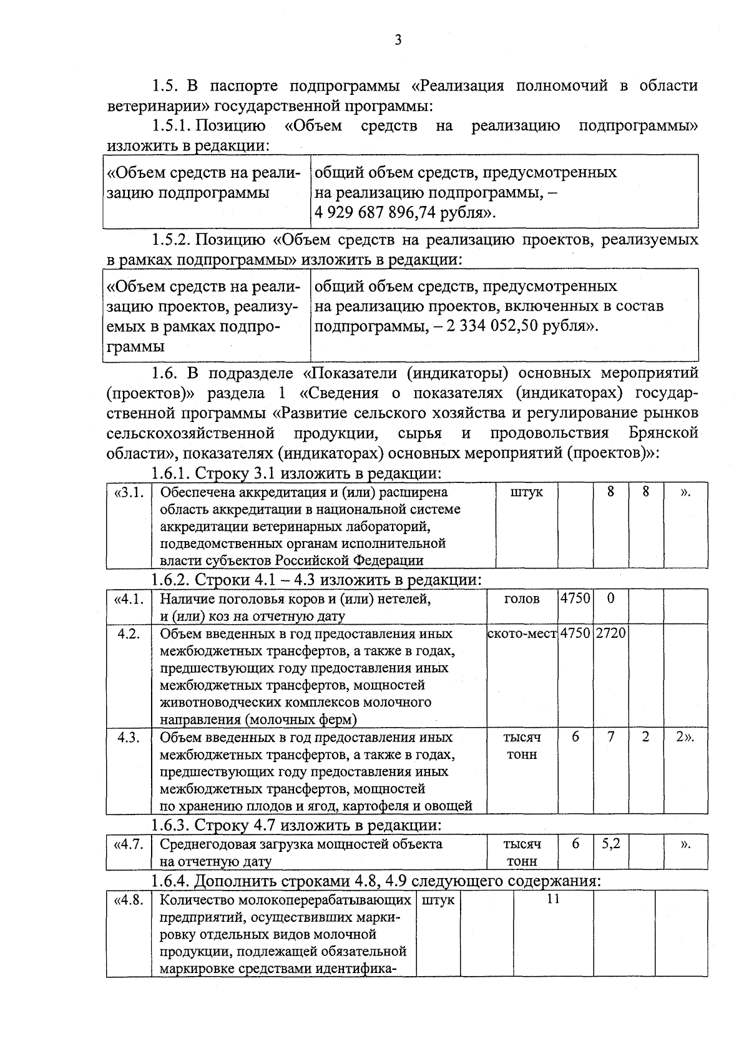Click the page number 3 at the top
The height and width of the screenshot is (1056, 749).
pyautogui.click(x=398, y=41)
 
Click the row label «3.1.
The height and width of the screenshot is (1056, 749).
pyautogui.click(x=129, y=492)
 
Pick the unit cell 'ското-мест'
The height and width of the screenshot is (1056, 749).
pyautogui.click(x=522, y=633)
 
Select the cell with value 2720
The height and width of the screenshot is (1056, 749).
pyautogui.click(x=610, y=633)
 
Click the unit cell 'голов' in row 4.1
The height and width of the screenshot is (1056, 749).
pyautogui.click(x=522, y=599)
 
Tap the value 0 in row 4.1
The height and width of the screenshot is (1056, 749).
pyautogui.click(x=610, y=598)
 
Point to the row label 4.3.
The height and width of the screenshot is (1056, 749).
pyautogui.click(x=129, y=737)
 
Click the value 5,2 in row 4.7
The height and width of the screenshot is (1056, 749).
pyautogui.click(x=610, y=844)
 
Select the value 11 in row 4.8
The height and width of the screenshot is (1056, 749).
pyautogui.click(x=552, y=899)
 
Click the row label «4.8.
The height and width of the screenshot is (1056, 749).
pyautogui.click(x=129, y=900)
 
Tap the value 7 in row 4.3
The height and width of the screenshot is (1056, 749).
pyautogui.click(x=610, y=737)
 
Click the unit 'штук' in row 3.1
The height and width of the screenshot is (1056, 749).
pyautogui.click(x=526, y=492)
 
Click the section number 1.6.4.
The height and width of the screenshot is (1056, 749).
pyautogui.click(x=172, y=881)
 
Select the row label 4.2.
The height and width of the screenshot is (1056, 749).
pyautogui.click(x=129, y=633)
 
